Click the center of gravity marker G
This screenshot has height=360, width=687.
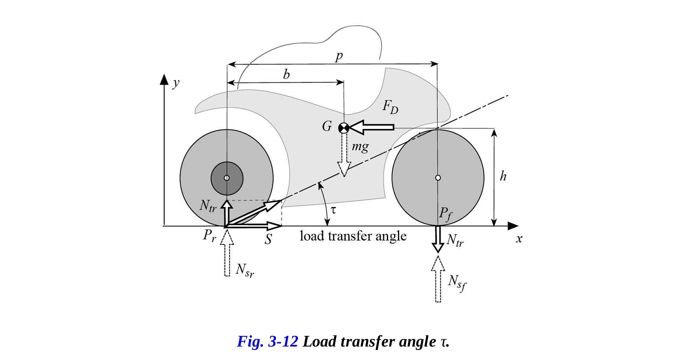click(x=344, y=128)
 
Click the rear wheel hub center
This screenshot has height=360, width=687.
click(x=227, y=178)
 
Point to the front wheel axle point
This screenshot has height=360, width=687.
click(x=438, y=178)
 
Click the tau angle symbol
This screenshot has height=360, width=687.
click(x=333, y=210)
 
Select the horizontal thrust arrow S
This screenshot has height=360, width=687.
click(x=254, y=226)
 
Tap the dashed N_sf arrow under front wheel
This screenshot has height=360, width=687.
click(x=438, y=279)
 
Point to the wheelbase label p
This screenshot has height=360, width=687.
click(x=339, y=56)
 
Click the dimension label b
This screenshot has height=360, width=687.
click(x=286, y=74)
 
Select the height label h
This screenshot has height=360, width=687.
click(x=503, y=177)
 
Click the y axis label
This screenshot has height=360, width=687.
click(x=176, y=83)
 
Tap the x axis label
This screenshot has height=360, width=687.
click(x=519, y=239)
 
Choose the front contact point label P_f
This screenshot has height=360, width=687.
click(x=446, y=214)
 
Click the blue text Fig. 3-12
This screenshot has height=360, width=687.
click(x=268, y=342)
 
